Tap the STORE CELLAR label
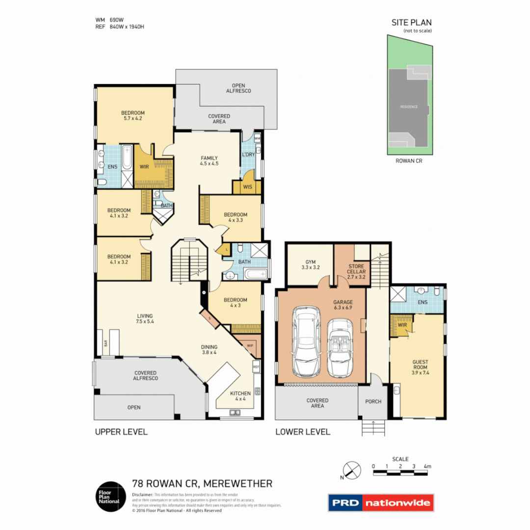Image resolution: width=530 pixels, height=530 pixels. coord(356,272)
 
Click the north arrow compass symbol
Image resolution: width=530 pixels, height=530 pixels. coord(351,470)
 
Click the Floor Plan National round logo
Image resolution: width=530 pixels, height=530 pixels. coord(108,496)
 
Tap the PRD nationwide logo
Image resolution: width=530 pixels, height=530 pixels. coord(380,503)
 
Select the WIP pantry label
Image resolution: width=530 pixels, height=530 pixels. coord(250,345)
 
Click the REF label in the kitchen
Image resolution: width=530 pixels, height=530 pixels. coord(256,367)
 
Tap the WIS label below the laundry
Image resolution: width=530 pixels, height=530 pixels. coord(247,186)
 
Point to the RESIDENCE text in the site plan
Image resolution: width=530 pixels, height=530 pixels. coord(408,106)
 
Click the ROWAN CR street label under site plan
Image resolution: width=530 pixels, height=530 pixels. coord(408,160)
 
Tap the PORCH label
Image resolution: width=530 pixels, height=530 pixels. coord(373,401)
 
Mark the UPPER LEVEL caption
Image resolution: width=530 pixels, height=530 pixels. coord(121,432)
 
